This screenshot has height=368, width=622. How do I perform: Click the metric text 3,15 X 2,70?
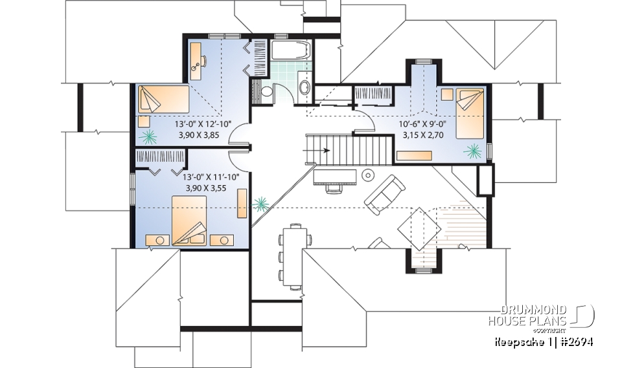420,136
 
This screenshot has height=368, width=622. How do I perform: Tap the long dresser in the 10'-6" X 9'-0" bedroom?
414,155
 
